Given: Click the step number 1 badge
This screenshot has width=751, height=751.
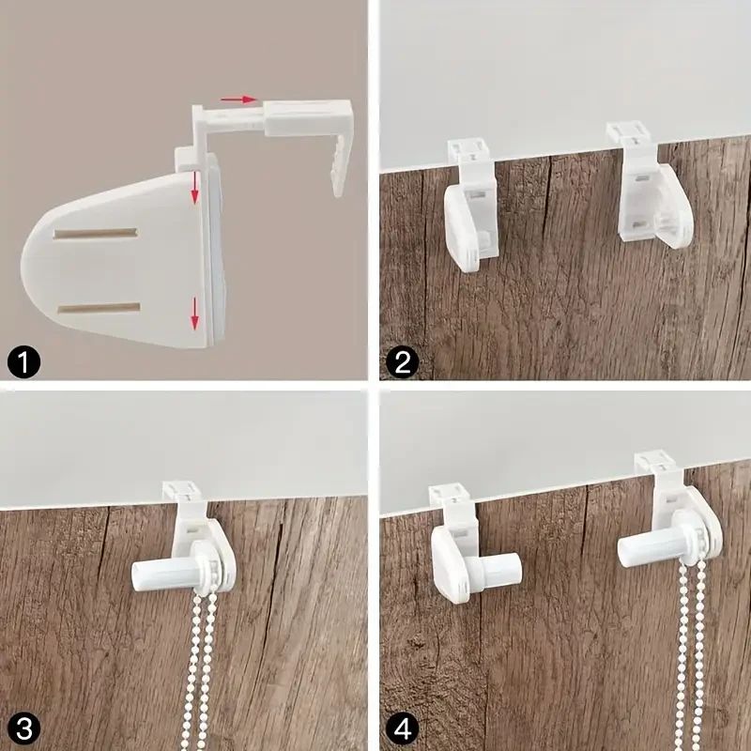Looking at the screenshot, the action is pos(24,363).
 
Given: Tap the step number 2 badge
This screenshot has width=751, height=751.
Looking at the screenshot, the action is pos(403,363).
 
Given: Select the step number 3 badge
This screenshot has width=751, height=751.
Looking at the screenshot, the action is pos(24,729).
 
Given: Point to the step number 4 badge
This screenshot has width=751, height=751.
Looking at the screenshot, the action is pos(403,729).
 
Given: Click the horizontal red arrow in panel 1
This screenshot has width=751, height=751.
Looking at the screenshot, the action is pos(238,100).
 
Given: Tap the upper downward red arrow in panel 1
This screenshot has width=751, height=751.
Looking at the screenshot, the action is pos(194,187).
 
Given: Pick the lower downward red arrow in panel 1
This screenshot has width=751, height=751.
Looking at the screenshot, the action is pos(194,314).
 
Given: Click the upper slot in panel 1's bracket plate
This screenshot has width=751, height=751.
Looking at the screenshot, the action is pos(96,233).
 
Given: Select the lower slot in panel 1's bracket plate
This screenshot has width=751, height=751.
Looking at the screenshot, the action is pos(99,308).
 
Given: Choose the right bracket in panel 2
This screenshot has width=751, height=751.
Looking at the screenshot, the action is pos(651,184).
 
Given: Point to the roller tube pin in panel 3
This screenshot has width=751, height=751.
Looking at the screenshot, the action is pos(165,575).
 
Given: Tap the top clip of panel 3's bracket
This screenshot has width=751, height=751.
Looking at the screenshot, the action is pos(181,492).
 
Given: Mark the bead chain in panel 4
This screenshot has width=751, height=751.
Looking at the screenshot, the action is pos(690,651).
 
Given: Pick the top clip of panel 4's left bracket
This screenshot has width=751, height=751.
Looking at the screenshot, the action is pos(449,495).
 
